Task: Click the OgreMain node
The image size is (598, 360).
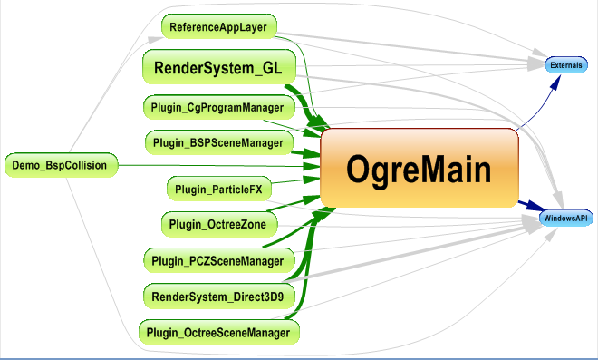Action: [419, 168]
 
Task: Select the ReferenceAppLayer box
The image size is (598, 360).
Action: [218, 27]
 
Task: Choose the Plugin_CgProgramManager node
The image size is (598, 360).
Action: [217, 108]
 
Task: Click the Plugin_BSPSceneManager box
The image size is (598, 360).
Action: [218, 142]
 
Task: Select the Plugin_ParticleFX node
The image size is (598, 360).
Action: [218, 189]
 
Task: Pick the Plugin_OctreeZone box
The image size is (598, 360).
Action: [218, 223]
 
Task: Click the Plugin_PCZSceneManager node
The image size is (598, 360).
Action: [218, 261]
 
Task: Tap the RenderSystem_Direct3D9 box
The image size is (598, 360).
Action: [218, 296]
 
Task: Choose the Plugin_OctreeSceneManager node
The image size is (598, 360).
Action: [219, 333]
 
